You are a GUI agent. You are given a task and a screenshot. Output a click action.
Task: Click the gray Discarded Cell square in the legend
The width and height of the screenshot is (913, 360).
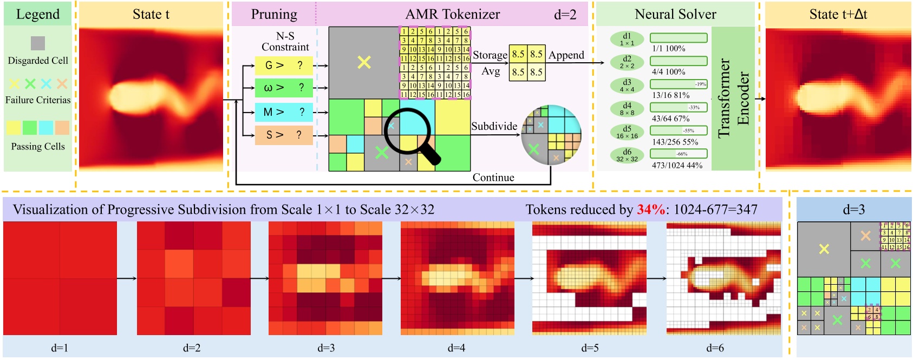37,43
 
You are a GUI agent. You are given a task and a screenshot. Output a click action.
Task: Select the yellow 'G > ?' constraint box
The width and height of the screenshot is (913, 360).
284,66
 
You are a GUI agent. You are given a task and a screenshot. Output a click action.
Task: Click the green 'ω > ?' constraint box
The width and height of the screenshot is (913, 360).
284,88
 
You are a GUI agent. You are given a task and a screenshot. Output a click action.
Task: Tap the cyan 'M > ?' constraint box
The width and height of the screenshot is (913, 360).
284,112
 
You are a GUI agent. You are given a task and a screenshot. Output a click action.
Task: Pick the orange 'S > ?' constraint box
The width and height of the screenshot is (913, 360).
284,135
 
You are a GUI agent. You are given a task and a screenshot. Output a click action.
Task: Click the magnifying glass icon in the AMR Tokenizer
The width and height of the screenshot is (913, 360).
412,135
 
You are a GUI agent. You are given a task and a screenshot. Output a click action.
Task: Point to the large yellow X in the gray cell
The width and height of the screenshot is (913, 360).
364,62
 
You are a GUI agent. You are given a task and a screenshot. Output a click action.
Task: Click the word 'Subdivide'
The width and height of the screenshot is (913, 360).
494,126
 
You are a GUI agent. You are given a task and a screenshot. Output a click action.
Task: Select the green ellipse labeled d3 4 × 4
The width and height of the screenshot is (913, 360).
627,86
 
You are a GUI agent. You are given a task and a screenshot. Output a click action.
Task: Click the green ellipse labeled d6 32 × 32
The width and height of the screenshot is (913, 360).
627,155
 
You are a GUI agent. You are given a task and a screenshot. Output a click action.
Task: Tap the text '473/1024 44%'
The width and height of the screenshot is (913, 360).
677,165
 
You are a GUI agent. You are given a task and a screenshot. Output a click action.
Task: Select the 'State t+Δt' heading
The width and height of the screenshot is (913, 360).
838,15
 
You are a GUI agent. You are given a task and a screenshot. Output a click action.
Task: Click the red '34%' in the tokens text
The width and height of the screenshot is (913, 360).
650,210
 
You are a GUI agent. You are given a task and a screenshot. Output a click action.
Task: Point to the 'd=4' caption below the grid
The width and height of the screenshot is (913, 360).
456,348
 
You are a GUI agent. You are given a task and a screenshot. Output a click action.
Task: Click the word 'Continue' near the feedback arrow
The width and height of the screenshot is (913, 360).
493,178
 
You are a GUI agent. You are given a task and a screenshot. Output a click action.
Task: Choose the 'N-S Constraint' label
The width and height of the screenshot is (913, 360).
285,42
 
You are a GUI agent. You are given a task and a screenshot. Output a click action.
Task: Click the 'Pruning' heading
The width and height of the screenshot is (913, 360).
274,15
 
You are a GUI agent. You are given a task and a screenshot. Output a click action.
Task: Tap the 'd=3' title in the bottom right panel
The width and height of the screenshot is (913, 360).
853,210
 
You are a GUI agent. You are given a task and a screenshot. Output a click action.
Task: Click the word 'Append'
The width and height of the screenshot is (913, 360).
566,55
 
